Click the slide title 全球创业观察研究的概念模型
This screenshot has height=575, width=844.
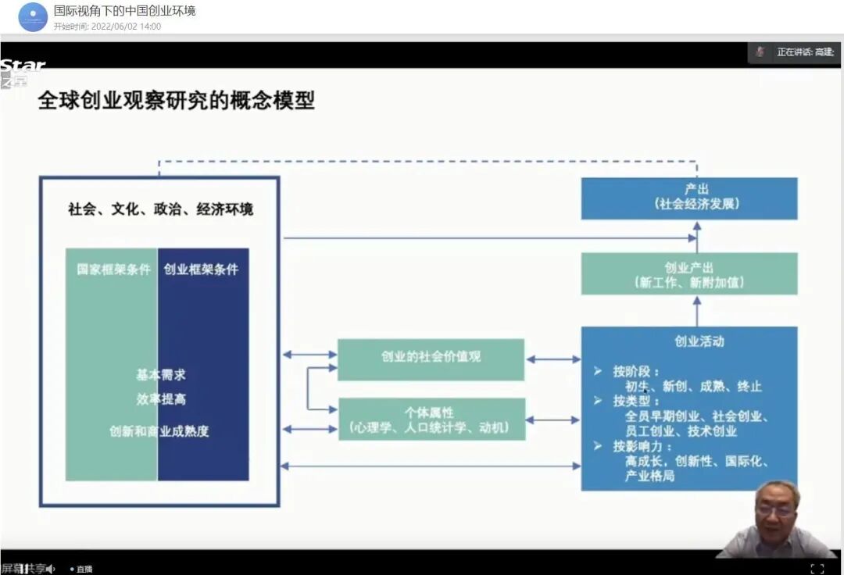pyautogui.click(x=176, y=101)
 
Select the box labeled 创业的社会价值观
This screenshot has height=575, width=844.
pyautogui.click(x=431, y=359)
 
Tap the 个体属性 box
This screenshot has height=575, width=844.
pyautogui.click(x=431, y=420)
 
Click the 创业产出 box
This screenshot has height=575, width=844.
pyautogui.click(x=688, y=274)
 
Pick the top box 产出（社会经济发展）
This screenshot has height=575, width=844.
pyautogui.click(x=688, y=198)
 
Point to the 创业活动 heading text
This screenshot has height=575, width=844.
pyautogui.click(x=699, y=341)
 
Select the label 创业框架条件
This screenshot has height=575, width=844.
pyautogui.click(x=202, y=270)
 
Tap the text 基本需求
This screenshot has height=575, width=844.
pyautogui.click(x=160, y=375)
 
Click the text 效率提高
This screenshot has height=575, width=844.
pyautogui.click(x=160, y=399)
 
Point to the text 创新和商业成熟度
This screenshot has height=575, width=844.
pyautogui.click(x=159, y=430)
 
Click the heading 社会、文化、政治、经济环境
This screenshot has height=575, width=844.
pyautogui.click(x=160, y=209)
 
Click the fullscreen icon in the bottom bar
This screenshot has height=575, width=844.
pyautogui.click(x=817, y=568)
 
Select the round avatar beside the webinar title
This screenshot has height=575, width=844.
pyautogui.click(x=33, y=17)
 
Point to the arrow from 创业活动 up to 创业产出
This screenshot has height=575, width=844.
pyautogui.click(x=696, y=310)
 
